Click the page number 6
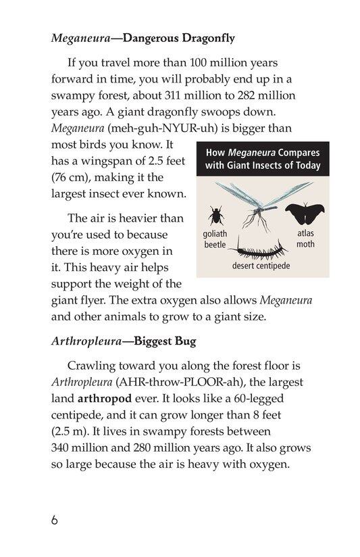click(54, 521)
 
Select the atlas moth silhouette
click(301, 214)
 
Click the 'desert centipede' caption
click(261, 266)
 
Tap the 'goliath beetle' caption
click(215, 239)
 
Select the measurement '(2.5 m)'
click(74, 430)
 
